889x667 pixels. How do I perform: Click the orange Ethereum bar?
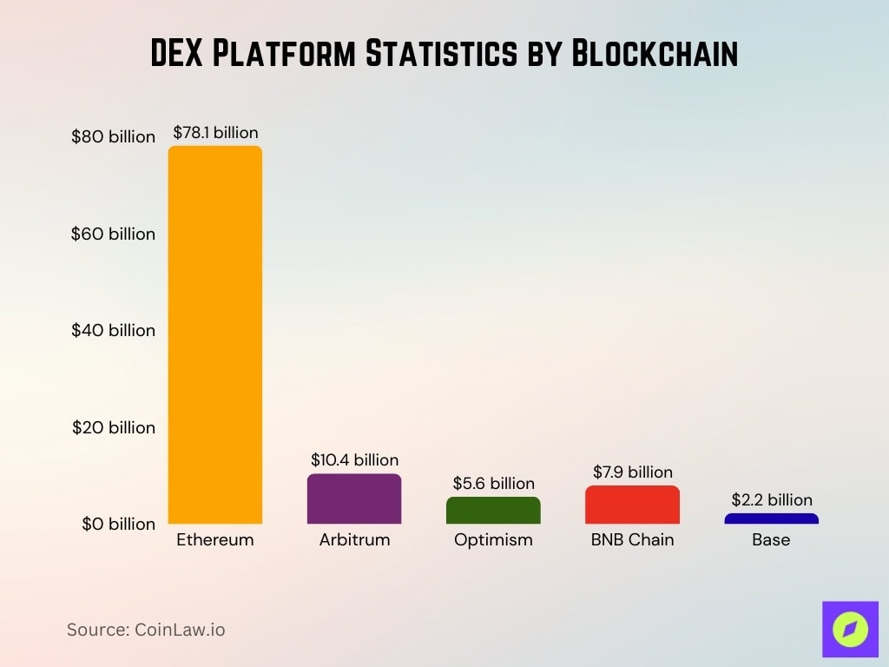click(x=215, y=334)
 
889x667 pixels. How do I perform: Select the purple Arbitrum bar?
click(x=354, y=499)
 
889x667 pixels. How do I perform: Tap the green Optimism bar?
click(x=493, y=511)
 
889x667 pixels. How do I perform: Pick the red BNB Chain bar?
click(x=632, y=505)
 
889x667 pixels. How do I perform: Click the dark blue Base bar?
click(x=771, y=518)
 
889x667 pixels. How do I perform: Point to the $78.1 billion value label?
click(x=215, y=133)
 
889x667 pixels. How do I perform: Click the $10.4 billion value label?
click(x=354, y=460)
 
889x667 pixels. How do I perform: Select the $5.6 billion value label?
click(x=493, y=484)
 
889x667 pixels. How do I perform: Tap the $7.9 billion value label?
click(x=632, y=472)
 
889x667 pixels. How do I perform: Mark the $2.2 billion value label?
click(x=771, y=500)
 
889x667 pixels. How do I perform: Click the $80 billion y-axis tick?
click(x=113, y=137)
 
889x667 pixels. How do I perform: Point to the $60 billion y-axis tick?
click(x=113, y=234)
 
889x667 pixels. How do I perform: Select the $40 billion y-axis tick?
click(x=113, y=330)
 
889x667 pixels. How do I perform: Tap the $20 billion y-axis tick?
click(x=113, y=427)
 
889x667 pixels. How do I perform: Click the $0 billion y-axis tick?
click(x=117, y=524)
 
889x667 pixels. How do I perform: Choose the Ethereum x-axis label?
click(x=215, y=540)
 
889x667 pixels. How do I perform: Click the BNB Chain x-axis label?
click(x=632, y=540)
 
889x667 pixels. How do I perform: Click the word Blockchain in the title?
click(x=654, y=54)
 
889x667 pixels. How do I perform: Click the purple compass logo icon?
click(x=850, y=630)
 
